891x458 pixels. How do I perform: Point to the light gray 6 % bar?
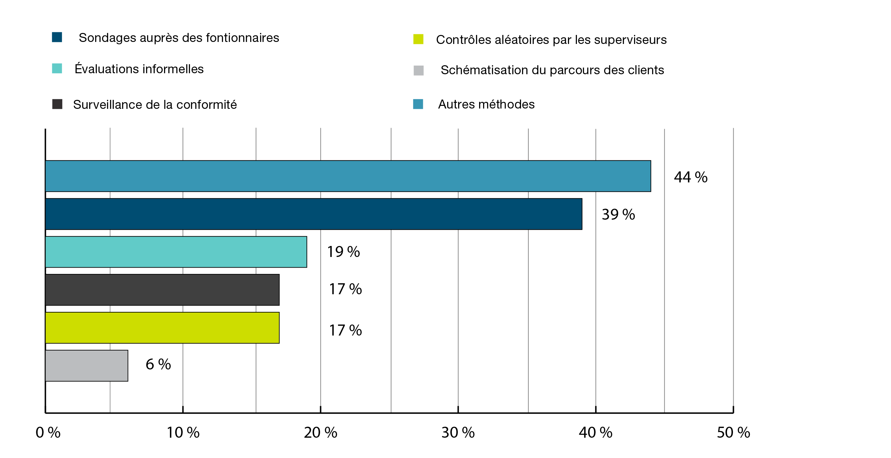[87, 366]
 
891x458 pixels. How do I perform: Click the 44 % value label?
[690, 177]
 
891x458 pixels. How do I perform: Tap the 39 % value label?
[618, 214]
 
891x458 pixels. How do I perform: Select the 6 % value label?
[158, 364]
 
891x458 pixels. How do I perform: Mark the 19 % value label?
[343, 252]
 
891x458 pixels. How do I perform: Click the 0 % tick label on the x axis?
[48, 433]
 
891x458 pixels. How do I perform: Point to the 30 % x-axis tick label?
[458, 433]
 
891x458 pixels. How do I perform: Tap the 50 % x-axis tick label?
[733, 433]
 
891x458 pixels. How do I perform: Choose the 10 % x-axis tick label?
[183, 433]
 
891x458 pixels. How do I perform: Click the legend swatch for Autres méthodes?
[418, 104]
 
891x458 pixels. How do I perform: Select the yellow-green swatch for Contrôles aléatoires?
[418, 39]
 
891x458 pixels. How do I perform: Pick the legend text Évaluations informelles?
[139, 69]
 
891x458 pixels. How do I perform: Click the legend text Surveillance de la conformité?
[155, 105]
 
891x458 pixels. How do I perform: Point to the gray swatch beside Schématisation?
[419, 71]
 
